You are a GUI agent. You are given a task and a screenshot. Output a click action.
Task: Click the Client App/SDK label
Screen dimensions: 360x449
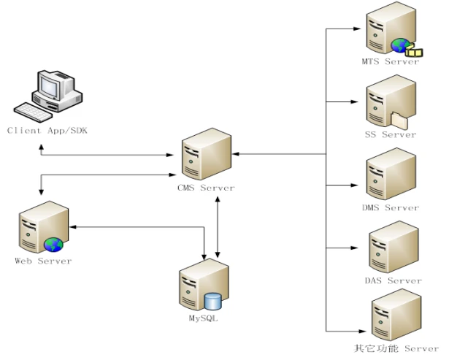click(x=47, y=131)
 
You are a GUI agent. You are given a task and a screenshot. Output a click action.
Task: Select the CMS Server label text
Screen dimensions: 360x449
click(x=207, y=188)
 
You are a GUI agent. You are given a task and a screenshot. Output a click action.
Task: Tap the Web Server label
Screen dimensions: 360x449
click(x=44, y=261)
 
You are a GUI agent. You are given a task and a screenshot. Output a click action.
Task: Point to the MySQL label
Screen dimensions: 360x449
click(x=203, y=319)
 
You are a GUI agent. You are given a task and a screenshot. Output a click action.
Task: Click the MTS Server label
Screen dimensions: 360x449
click(x=391, y=62)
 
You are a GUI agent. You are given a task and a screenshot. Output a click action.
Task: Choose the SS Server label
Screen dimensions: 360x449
click(x=391, y=134)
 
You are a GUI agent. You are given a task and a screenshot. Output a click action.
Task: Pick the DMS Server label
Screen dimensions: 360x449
click(x=391, y=207)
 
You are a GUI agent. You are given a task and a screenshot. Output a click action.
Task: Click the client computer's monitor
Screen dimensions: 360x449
click(x=50, y=87)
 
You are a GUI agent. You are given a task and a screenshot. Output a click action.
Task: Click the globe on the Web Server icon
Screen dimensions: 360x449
click(x=53, y=244)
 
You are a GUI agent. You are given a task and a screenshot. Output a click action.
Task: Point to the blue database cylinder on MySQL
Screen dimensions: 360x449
click(x=212, y=302)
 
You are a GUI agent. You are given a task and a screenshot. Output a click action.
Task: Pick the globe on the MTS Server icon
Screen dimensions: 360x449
click(x=400, y=46)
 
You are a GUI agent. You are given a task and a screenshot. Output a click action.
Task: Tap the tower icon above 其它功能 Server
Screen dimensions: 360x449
click(x=395, y=315)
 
